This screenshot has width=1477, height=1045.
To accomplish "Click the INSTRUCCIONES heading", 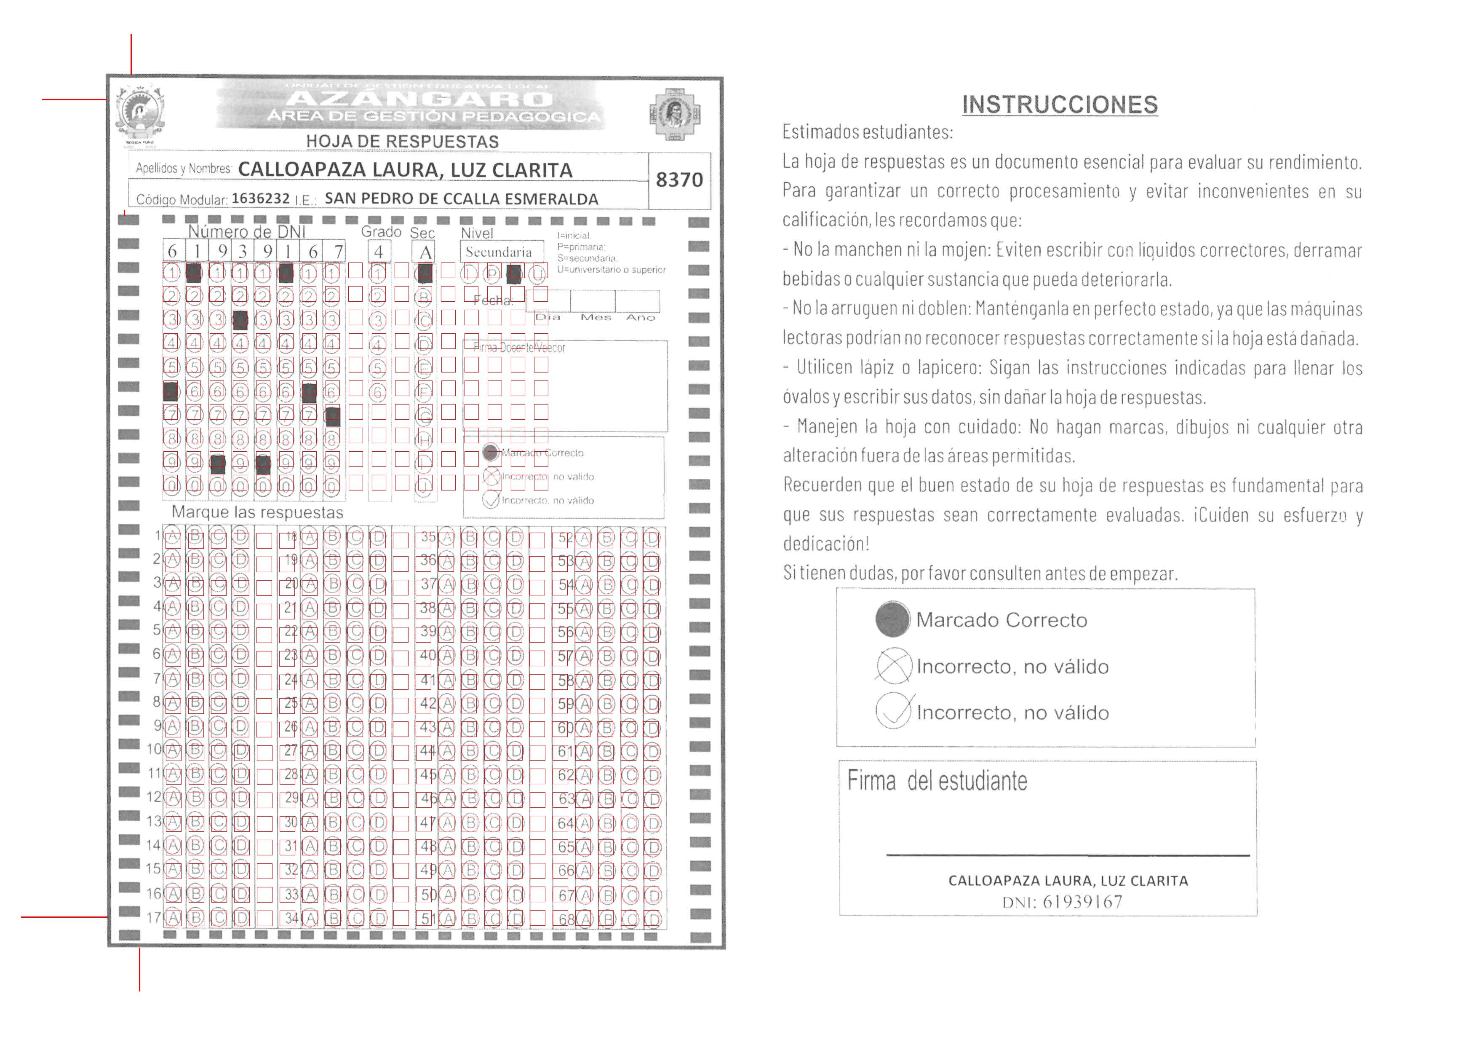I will point(1060,104).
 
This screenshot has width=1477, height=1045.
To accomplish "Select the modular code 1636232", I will point(261,198).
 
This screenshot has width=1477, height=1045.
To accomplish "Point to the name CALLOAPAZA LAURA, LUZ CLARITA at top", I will point(405,170).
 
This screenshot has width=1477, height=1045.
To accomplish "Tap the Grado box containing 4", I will point(379,252).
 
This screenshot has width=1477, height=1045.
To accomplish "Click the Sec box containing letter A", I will point(425,252).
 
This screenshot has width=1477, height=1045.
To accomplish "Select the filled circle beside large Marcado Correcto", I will point(892,619).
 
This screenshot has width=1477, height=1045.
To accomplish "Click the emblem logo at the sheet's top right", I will point(674,115).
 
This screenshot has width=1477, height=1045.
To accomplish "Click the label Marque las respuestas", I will point(257,512).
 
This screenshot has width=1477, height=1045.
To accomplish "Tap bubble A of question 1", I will point(172,536).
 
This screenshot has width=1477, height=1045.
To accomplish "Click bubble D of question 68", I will point(652,919).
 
